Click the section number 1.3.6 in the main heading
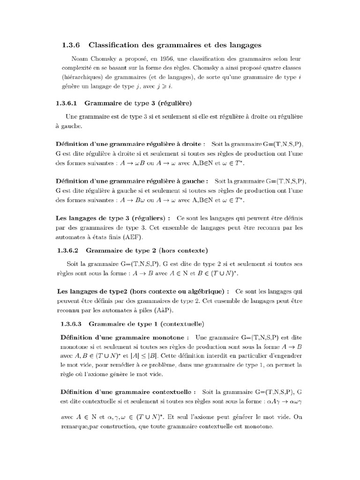71,45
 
